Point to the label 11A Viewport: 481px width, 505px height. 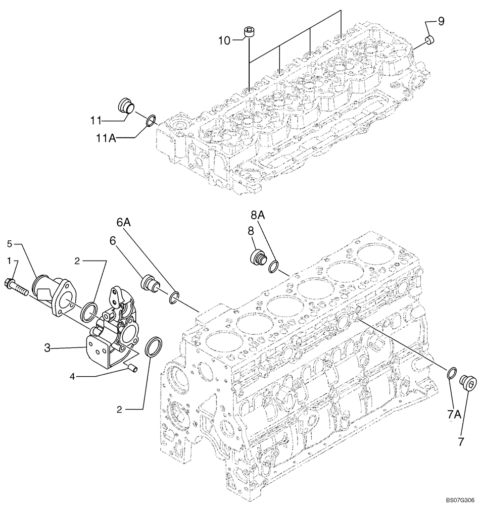pyautogui.click(x=107, y=137)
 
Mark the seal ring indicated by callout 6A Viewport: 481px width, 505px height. pyautogui.click(x=173, y=298)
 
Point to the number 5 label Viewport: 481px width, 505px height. pyautogui.click(x=9, y=244)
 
